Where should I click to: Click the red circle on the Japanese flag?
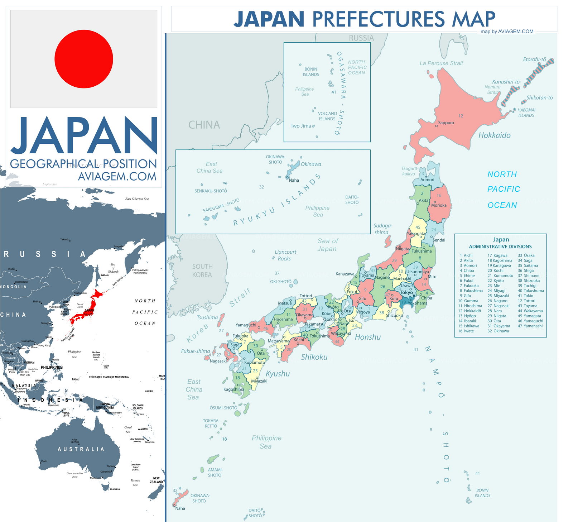click(84, 59)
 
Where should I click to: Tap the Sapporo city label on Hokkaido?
click(446, 123)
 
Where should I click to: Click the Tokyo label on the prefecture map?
click(406, 292)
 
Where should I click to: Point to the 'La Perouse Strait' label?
click(441, 63)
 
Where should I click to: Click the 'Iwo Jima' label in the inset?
click(301, 126)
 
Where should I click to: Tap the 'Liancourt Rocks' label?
click(285, 255)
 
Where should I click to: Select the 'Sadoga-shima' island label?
click(382, 229)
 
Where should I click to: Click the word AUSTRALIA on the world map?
click(81, 449)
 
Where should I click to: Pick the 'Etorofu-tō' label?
click(534, 59)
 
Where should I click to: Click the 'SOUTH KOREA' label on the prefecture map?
click(202, 270)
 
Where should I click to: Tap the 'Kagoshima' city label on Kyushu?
click(233, 389)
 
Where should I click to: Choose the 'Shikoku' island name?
click(314, 357)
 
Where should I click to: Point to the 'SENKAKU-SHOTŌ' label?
click(211, 191)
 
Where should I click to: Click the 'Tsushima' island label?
click(207, 317)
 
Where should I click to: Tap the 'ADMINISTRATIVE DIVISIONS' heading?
click(500, 246)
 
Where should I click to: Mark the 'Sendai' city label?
click(439, 240)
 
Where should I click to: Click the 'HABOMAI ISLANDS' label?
click(526, 112)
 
